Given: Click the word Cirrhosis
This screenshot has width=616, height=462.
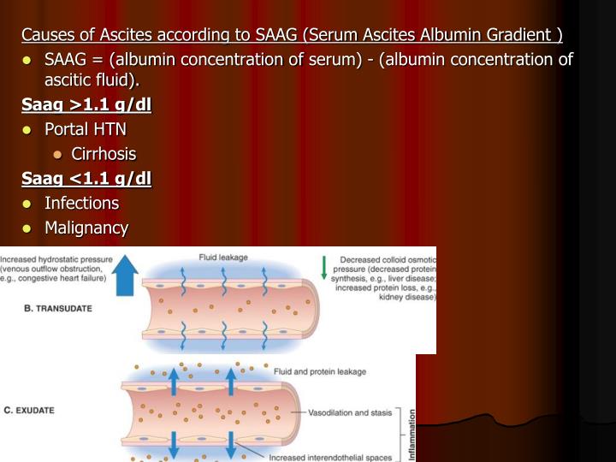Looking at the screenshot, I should [x=104, y=154].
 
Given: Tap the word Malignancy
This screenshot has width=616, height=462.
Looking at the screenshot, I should [x=86, y=228].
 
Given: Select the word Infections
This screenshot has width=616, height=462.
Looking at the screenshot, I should [x=81, y=203].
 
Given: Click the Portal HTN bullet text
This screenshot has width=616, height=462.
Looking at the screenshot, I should [x=85, y=129].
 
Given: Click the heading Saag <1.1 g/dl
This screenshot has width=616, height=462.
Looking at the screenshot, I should [x=86, y=178].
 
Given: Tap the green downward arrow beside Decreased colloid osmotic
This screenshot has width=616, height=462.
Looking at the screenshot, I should [x=324, y=269].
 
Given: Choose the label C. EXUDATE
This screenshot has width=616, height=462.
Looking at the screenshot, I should [x=29, y=410].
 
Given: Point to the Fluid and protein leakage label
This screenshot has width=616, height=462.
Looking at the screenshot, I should [x=320, y=372].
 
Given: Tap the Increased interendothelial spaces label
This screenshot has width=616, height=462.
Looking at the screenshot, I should [x=331, y=457].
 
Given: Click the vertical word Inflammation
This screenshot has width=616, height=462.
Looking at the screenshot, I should [x=412, y=435].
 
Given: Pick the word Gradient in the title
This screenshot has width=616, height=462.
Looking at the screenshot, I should [x=516, y=35].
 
